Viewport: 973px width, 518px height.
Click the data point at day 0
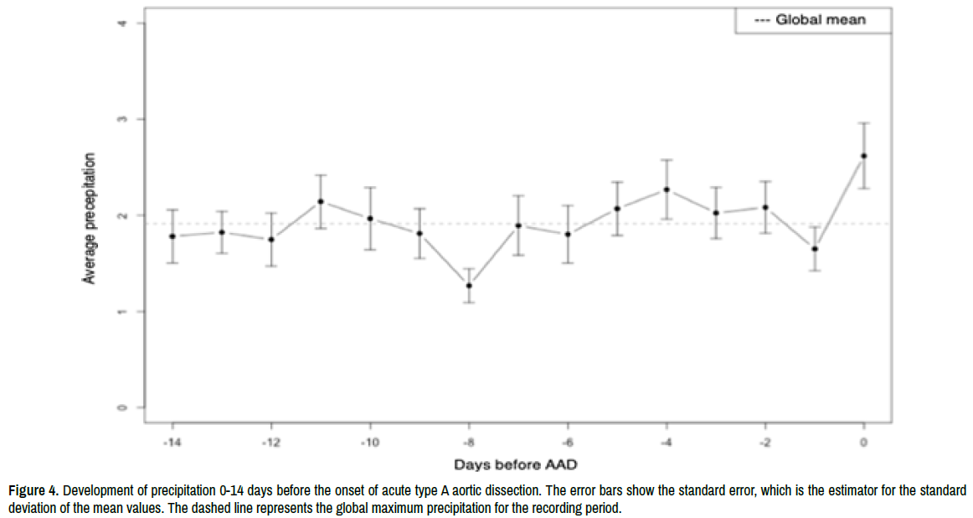pyautogui.click(x=863, y=156)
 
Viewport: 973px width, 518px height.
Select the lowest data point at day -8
pyautogui.click(x=469, y=286)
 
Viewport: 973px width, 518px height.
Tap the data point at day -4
pyautogui.click(x=667, y=189)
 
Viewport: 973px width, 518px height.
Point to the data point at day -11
pyautogui.click(x=321, y=201)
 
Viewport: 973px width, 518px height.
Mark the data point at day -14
pyautogui.click(x=172, y=236)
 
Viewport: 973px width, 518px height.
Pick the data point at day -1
pyautogui.click(x=815, y=249)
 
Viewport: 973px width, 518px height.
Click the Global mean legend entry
pyautogui.click(x=812, y=19)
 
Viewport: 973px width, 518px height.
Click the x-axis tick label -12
pyautogui.click(x=270, y=442)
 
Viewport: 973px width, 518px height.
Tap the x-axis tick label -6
pyautogui.click(x=567, y=442)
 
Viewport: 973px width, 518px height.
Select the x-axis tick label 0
pyautogui.click(x=863, y=442)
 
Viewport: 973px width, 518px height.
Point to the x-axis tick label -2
pyautogui.click(x=764, y=442)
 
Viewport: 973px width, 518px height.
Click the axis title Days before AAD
pyautogui.click(x=517, y=464)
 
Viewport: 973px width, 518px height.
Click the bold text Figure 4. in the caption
pyautogui.click(x=33, y=490)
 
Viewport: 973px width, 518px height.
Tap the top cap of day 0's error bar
pyautogui.click(x=863, y=123)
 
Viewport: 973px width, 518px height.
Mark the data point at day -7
pyautogui.click(x=518, y=225)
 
